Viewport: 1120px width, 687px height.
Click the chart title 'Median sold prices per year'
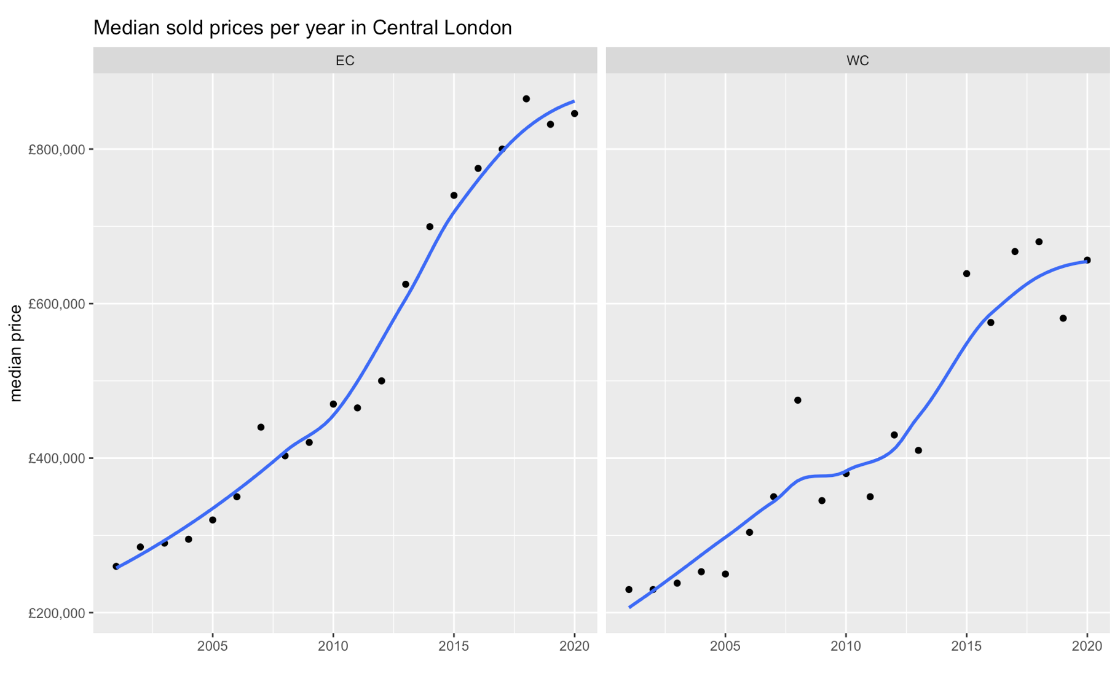point(302,28)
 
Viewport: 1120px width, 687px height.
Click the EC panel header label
point(345,60)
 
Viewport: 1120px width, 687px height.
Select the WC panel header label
point(858,60)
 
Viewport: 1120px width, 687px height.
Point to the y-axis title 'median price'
point(16,353)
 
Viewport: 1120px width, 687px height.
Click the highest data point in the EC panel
point(526,99)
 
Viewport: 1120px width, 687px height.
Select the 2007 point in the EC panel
point(261,427)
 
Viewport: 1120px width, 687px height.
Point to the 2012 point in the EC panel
point(381,381)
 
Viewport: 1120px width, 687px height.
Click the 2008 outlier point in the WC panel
point(798,400)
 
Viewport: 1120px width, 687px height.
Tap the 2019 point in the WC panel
point(1063,318)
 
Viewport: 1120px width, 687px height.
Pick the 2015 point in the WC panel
point(966,273)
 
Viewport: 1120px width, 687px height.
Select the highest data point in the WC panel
point(1039,242)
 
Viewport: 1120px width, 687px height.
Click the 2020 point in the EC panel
point(574,114)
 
